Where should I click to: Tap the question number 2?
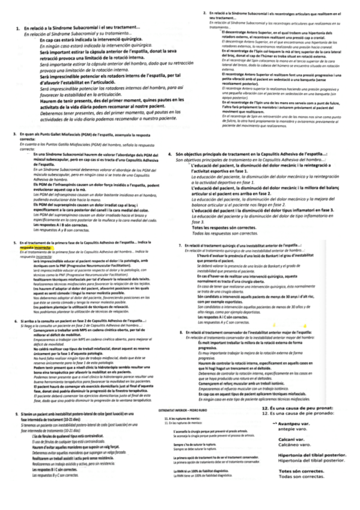pyautogui.click(x=205, y=13)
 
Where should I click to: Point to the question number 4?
pyautogui.click(x=171, y=138)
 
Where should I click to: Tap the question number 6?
pyautogui.click(x=14, y=339)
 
